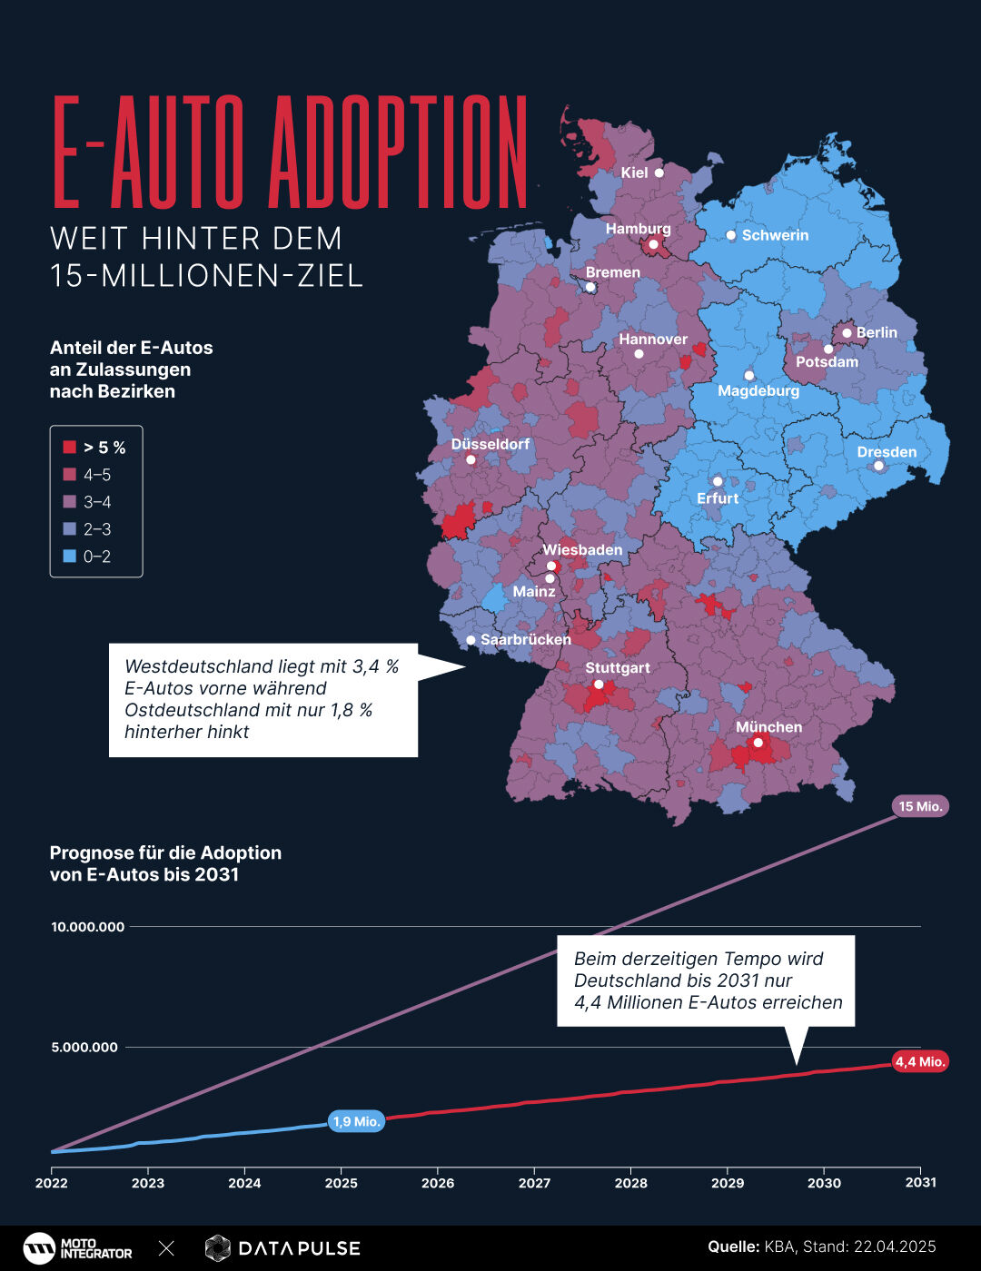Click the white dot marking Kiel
(x=659, y=172)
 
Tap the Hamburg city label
(x=638, y=229)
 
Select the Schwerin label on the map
(x=774, y=235)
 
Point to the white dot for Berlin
(x=847, y=333)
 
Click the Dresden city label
(x=887, y=452)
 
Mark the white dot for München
(x=758, y=743)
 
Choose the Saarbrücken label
(x=525, y=639)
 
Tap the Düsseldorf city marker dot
(x=471, y=459)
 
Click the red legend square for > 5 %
(x=69, y=448)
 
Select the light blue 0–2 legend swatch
(x=69, y=557)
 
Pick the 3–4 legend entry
(x=96, y=502)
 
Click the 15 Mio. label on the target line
(x=920, y=806)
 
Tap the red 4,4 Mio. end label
(x=919, y=1061)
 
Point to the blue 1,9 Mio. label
(x=356, y=1121)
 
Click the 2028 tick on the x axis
(x=630, y=1182)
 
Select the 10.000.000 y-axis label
(x=87, y=927)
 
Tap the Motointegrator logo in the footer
(x=77, y=1248)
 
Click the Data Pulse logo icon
(x=217, y=1248)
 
